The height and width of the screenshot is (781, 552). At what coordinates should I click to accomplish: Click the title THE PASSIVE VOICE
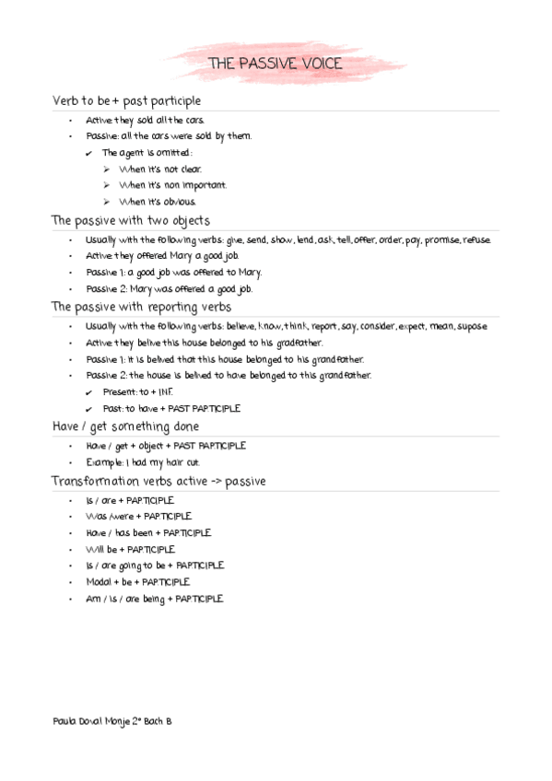click(x=275, y=64)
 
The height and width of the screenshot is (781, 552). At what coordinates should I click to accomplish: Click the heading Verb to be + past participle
click(x=126, y=100)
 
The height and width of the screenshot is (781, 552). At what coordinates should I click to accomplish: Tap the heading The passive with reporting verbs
click(x=141, y=307)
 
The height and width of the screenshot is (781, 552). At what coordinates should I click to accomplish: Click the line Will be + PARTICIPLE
click(x=130, y=549)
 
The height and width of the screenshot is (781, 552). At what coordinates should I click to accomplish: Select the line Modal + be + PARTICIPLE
click(x=137, y=582)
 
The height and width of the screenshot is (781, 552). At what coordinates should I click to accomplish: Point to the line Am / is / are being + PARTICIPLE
click(x=154, y=599)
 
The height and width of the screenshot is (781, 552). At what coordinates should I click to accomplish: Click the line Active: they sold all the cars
click(x=145, y=120)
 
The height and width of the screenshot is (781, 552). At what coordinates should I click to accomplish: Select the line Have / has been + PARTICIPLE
click(x=147, y=532)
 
